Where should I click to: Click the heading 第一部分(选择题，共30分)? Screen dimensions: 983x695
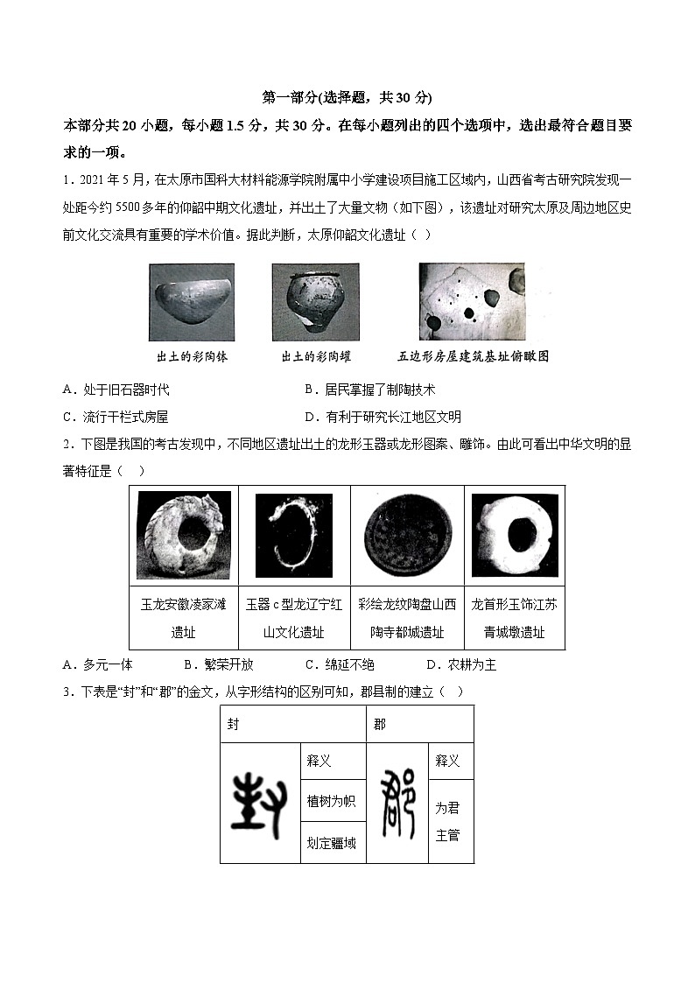[347, 97]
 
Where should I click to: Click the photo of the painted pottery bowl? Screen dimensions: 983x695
[192, 302]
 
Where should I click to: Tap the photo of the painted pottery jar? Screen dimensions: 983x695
[315, 302]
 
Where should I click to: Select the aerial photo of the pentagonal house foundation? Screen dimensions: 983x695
[472, 301]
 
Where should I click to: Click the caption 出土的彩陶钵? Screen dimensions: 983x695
[192, 357]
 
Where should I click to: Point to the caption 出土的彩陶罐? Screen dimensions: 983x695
[315, 357]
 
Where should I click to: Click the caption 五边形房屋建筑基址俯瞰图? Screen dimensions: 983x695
[473, 357]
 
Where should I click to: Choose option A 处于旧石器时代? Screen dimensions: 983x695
[116, 390]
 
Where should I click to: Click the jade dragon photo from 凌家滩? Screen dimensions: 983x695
[184, 535]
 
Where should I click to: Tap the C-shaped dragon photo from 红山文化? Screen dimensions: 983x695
[294, 536]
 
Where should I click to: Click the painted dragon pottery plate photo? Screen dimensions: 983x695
[407, 535]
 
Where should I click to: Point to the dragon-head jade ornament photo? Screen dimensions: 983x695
[515, 535]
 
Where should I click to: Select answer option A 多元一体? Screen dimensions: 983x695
[99, 664]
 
